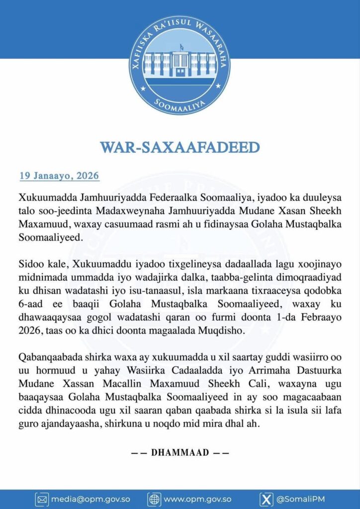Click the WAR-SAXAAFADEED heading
point(180,148)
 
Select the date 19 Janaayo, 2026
point(59,176)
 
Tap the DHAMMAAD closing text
point(180,453)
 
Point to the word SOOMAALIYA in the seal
point(180,104)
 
